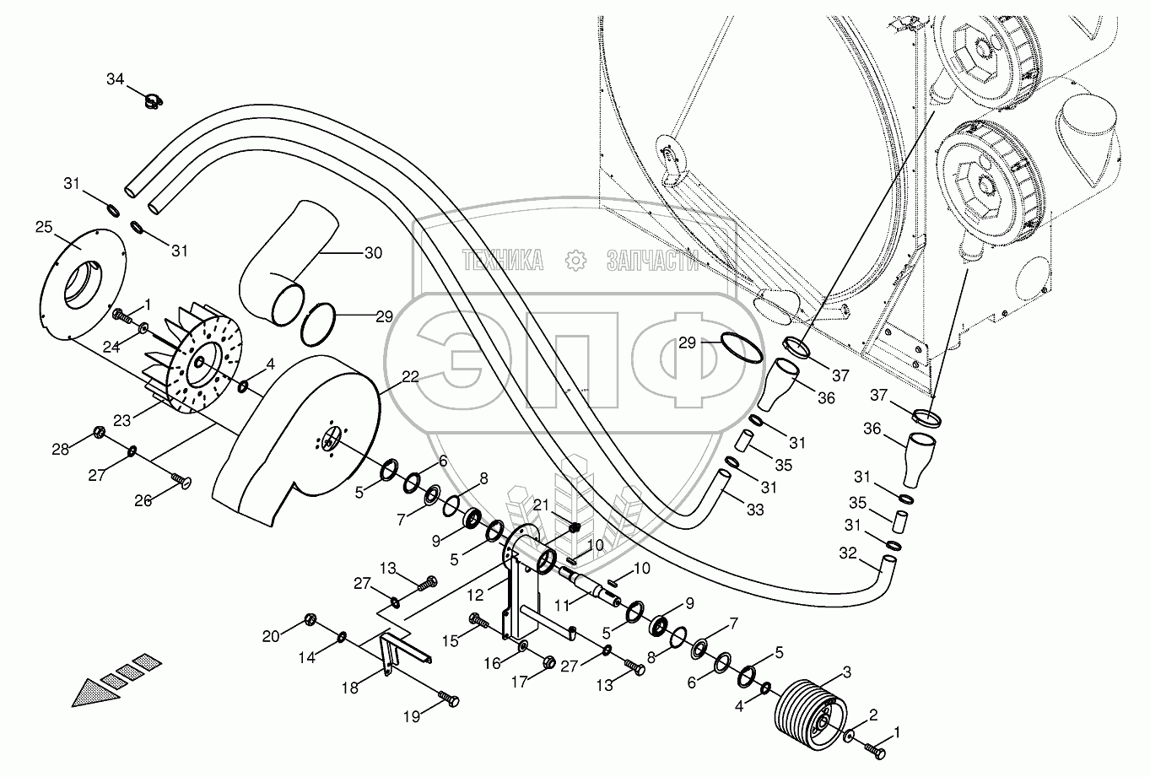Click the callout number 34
point(115,79)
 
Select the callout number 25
point(44,227)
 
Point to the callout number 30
point(373,252)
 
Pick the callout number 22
point(410,378)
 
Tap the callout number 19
point(411,717)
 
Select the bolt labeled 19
point(450,699)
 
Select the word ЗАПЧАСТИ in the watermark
point(652,262)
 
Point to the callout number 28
point(61,448)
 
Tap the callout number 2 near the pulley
point(873,715)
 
